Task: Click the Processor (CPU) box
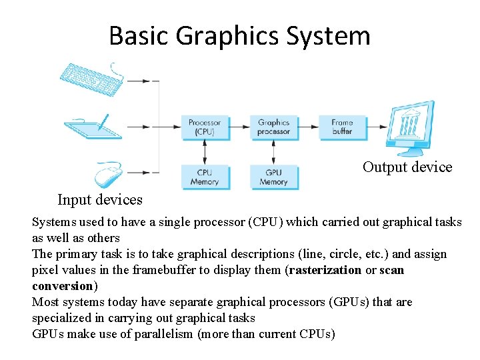(x=205, y=127)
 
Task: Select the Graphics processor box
(x=273, y=127)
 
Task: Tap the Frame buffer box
(x=342, y=127)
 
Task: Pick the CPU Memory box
(x=205, y=177)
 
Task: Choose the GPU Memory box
(x=273, y=177)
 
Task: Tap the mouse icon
(x=108, y=175)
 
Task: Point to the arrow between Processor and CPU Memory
(x=205, y=151)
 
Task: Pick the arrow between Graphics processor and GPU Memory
(x=273, y=151)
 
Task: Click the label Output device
(x=407, y=167)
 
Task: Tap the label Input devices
(x=100, y=199)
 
